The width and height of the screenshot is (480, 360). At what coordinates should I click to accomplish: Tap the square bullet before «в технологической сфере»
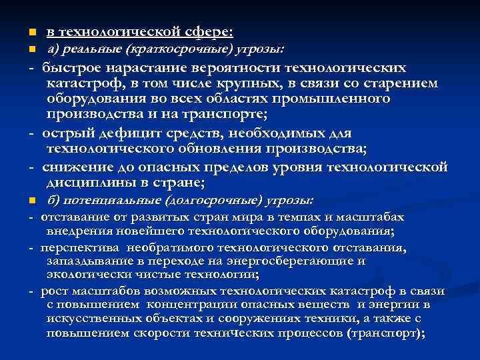22,32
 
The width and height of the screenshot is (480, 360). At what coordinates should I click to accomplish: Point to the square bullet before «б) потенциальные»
22,200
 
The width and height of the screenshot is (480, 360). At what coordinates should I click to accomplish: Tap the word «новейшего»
139,232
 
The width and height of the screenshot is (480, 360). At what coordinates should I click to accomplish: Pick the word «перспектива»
73,248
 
